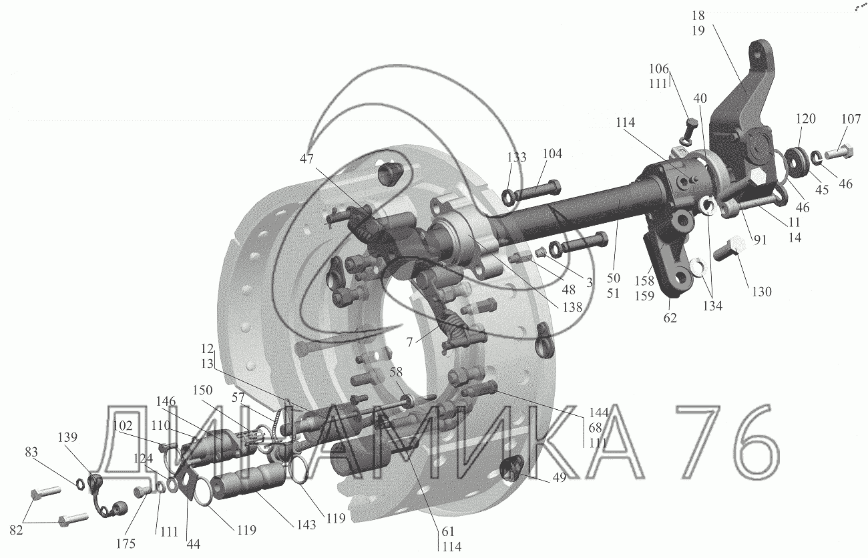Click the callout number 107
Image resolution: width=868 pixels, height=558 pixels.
pos(851,119)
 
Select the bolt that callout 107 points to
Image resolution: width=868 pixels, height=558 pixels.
pos(839,152)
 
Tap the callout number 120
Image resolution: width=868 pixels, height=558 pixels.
pos(806,119)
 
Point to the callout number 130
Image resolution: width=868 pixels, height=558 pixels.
pos(761,292)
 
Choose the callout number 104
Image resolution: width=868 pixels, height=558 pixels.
pos(552,154)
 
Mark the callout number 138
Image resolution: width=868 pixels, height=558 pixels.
pos(572,307)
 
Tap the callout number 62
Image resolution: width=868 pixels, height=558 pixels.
pos(670,318)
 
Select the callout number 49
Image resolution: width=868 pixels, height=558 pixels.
pos(559,477)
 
